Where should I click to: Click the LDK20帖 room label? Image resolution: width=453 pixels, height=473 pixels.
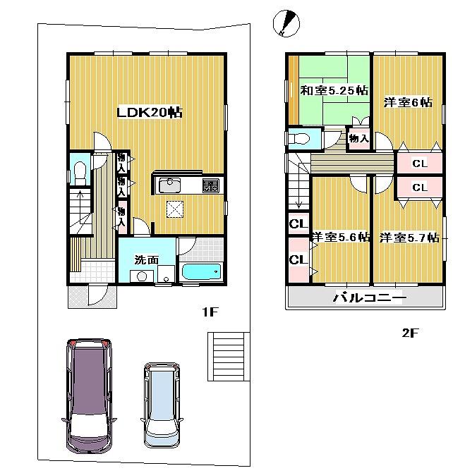150,113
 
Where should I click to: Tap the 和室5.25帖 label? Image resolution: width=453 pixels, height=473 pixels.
334,90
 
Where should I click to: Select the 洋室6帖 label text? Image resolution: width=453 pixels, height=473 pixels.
407,102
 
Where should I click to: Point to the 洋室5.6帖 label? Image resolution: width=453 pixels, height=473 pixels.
341,237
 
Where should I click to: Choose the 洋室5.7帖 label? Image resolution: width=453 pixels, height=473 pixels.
409,237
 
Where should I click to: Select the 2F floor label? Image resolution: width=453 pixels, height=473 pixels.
411,333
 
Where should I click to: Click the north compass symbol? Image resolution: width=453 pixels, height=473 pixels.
286,23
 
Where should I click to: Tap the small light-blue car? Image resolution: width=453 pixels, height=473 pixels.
161,404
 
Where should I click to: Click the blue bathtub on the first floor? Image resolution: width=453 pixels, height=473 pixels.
201,272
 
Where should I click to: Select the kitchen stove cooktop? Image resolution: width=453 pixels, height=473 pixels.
211,185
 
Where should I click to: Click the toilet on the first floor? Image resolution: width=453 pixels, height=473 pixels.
80,171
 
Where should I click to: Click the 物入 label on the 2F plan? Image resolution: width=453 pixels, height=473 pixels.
358,138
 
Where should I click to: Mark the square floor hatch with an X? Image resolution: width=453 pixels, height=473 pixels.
174,209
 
